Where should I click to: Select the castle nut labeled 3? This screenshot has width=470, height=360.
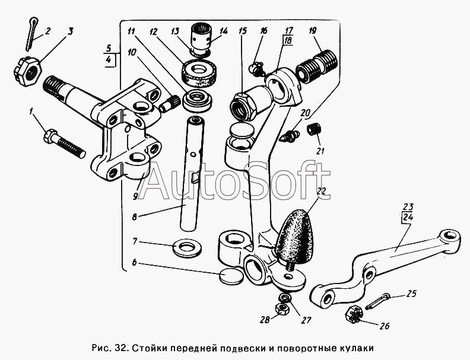(27, 71)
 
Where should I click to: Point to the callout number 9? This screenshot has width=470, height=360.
(135, 196)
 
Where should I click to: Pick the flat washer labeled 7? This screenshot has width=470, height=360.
(188, 248)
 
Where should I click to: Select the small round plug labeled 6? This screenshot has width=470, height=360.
(231, 276)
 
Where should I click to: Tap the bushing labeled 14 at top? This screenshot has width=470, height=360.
(201, 39)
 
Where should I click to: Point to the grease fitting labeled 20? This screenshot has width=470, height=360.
(289, 136)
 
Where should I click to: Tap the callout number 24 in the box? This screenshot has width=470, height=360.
(408, 217)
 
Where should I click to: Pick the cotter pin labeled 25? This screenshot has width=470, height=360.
(377, 301)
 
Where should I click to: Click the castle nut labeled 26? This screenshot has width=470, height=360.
(354, 316)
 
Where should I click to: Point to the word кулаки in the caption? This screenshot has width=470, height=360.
(357, 348)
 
